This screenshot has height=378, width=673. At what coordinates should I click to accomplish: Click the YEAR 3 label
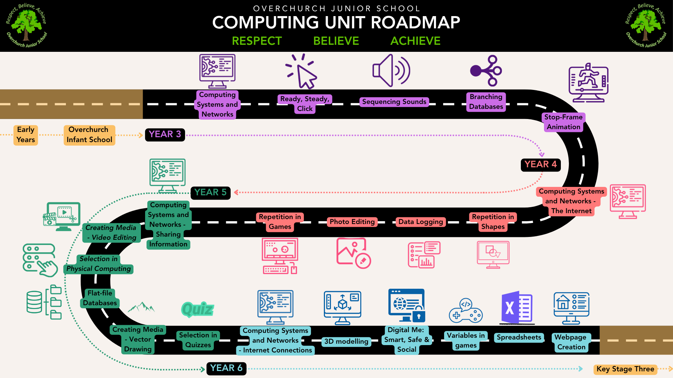(x=165, y=134)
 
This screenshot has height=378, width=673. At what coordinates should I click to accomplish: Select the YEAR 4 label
(x=541, y=164)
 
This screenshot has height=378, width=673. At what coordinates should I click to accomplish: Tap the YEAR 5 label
(x=210, y=192)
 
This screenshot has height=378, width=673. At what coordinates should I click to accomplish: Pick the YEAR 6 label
(x=226, y=368)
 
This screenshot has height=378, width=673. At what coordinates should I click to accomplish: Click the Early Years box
(x=26, y=135)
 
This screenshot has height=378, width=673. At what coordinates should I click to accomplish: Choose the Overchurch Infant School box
(x=89, y=135)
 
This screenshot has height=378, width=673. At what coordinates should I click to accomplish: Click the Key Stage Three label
(x=625, y=369)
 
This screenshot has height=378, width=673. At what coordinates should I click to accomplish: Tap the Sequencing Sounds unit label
(x=394, y=102)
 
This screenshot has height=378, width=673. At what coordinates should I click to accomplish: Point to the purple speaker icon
(x=391, y=70)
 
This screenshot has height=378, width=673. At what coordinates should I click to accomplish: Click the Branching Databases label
(x=486, y=102)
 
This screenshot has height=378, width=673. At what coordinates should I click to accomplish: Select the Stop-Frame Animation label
(x=563, y=122)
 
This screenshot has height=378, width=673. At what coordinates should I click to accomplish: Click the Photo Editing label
(x=352, y=222)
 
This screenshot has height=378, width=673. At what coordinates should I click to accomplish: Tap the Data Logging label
(x=421, y=222)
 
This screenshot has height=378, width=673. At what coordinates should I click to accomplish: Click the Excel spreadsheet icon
(x=517, y=307)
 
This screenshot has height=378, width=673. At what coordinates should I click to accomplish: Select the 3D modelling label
(x=346, y=342)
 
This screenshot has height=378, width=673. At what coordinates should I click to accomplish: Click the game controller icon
(x=466, y=310)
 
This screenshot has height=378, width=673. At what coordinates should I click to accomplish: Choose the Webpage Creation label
(x=571, y=342)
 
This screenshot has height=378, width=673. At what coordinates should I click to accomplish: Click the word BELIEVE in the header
(x=336, y=41)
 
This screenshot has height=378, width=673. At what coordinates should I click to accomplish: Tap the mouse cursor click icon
(x=301, y=71)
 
